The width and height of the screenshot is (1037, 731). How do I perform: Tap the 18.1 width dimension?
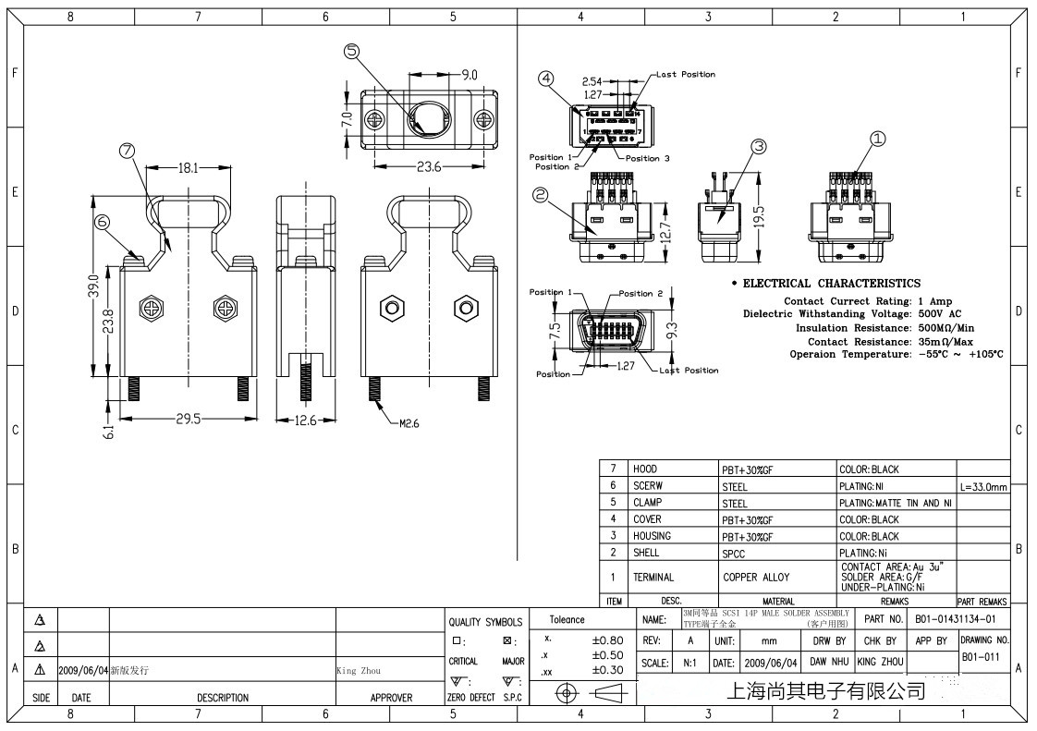point(187,168)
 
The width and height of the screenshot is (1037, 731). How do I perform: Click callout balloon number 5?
point(351,52)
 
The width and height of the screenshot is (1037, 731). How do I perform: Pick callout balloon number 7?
point(127,150)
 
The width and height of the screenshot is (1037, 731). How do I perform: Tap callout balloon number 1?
point(878,138)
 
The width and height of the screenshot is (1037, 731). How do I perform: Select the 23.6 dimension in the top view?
point(429,167)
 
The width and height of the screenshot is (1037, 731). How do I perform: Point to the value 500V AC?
point(940,314)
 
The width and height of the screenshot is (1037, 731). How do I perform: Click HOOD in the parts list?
point(645,469)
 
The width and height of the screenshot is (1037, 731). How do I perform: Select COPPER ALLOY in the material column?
point(756,578)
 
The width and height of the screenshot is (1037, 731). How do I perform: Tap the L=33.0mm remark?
point(983,486)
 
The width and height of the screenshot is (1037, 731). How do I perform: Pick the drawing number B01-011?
point(981,657)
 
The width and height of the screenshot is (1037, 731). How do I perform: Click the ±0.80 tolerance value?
point(607,640)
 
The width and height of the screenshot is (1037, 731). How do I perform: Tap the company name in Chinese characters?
point(826,690)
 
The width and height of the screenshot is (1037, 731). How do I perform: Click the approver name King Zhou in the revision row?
point(358,671)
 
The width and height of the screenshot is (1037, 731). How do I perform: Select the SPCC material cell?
point(735,554)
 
